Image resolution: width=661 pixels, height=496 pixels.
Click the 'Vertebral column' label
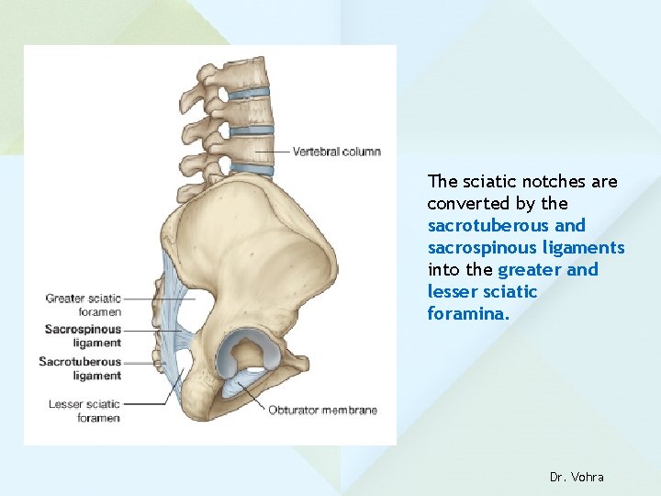click(x=336, y=152)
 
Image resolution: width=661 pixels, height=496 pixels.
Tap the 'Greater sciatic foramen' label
click(x=83, y=305)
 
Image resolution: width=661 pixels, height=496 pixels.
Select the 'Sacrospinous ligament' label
click(x=83, y=336)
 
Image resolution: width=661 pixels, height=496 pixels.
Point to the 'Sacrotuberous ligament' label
click(x=80, y=368)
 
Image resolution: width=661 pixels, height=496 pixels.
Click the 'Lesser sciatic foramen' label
click(x=84, y=411)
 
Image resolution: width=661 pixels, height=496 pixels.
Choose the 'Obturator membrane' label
click(x=322, y=411)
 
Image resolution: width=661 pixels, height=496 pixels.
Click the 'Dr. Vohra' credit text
click(x=577, y=477)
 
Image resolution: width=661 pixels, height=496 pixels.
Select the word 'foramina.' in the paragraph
click(x=468, y=314)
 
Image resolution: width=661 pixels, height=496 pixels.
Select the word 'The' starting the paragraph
click(x=442, y=182)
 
